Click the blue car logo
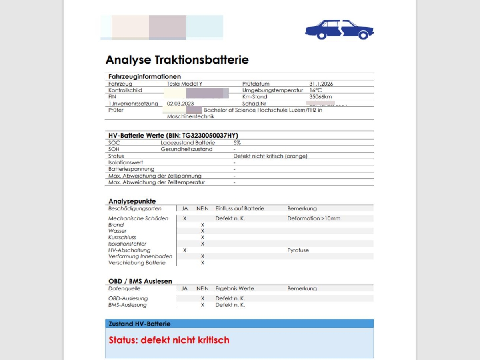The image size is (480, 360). (x=339, y=29)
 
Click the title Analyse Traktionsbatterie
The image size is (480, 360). (x=177, y=60)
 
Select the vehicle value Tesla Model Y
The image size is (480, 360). (x=184, y=84)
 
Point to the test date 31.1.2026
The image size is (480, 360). (x=321, y=84)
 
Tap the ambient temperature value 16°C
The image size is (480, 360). (x=315, y=90)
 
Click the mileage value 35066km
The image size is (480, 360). (x=320, y=97)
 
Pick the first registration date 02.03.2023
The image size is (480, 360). (x=180, y=104)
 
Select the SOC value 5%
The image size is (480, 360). (x=237, y=143)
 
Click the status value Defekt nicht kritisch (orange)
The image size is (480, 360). (x=270, y=156)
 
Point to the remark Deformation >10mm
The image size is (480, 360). (x=314, y=218)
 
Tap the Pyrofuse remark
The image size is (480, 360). (x=298, y=250)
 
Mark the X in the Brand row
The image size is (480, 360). (x=202, y=225)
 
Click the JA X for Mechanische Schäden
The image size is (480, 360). (x=184, y=218)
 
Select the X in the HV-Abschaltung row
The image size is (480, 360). (x=184, y=250)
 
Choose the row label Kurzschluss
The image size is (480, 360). (x=122, y=237)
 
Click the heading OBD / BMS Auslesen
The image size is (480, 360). (x=140, y=281)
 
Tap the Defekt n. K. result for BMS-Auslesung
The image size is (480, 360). (x=230, y=305)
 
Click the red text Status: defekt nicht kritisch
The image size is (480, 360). (x=169, y=340)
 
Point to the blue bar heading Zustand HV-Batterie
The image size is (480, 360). (x=140, y=324)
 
